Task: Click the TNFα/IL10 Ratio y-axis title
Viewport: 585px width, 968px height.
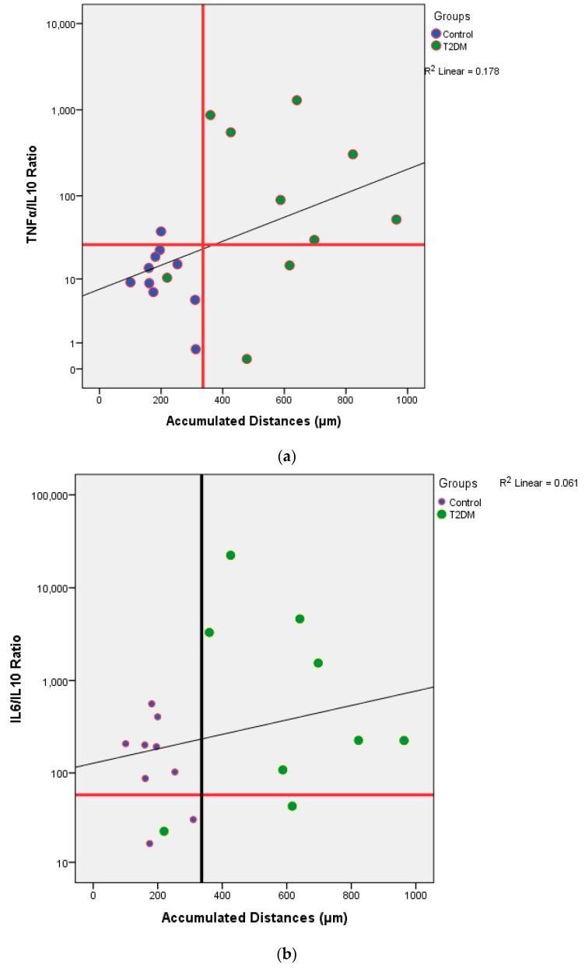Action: [x=32, y=197]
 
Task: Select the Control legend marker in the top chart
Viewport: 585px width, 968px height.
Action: [x=436, y=33]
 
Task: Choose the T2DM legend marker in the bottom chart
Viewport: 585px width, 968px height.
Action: [x=442, y=515]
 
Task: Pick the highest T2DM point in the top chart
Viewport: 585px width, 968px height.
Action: [x=296, y=100]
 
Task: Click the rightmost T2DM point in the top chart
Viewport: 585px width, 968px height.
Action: [x=396, y=219]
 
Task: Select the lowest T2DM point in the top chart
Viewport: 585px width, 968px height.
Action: [x=247, y=358]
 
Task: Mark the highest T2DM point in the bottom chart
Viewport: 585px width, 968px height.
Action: [x=230, y=555]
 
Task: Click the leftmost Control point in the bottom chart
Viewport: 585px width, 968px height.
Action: [x=125, y=743]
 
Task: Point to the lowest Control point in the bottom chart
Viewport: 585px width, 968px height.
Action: [x=149, y=844]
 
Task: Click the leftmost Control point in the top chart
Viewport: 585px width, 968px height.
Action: [x=130, y=282]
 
